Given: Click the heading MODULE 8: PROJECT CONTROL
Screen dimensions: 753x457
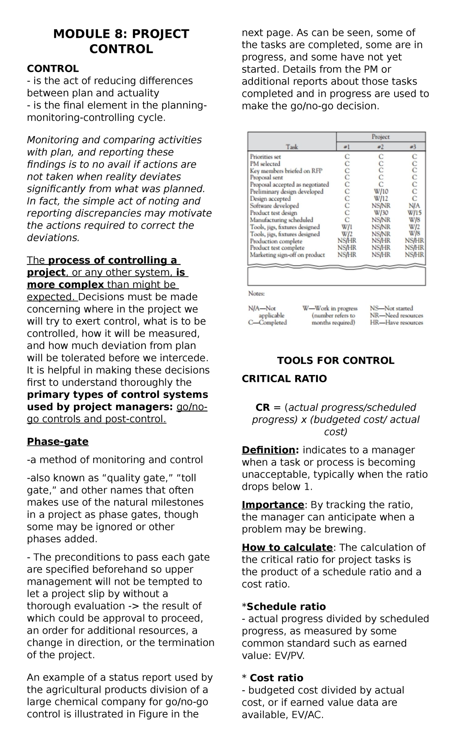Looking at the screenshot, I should (121, 41).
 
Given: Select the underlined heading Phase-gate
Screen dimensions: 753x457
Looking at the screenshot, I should (58, 441).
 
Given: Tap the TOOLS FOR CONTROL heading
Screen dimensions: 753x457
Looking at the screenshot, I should (336, 360).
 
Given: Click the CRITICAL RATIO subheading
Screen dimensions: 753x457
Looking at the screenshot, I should (284, 378).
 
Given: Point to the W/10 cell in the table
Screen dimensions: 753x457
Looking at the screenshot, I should (381, 192).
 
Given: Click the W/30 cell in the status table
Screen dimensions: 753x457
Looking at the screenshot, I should (381, 213).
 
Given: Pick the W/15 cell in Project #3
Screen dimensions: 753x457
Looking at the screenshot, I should (414, 213).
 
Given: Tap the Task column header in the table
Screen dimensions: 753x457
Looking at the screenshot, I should (292, 147).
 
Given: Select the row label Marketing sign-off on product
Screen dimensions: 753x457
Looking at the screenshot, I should (287, 255).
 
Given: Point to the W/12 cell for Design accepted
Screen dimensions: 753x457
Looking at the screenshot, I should (381, 199).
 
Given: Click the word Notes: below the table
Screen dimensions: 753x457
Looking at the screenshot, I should (256, 294).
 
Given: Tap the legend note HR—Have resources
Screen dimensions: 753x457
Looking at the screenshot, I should (396, 322).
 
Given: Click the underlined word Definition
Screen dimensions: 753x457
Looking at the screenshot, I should (268, 450).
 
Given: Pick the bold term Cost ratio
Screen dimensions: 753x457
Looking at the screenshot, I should (276, 678).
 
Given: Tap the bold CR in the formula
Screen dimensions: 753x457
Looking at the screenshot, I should (262, 407).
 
